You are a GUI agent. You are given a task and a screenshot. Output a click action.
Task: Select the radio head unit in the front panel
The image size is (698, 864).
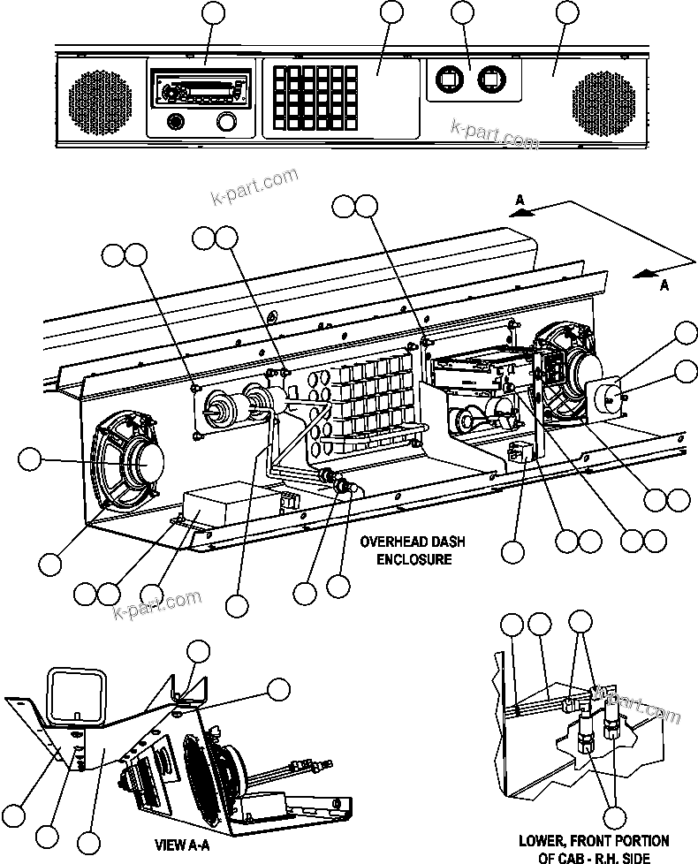click(x=201, y=89)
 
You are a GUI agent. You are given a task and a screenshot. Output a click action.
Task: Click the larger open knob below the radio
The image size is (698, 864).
click(x=227, y=122)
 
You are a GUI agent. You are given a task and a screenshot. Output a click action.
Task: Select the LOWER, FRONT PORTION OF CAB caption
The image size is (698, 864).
click(x=593, y=848)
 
